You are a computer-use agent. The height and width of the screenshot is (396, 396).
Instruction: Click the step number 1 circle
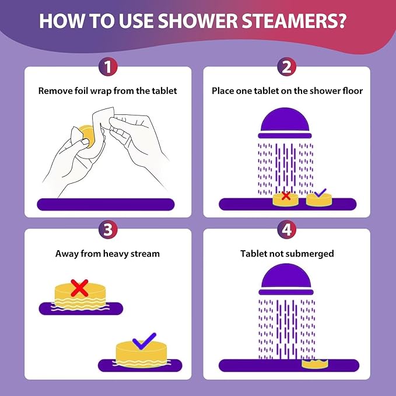click(107, 67)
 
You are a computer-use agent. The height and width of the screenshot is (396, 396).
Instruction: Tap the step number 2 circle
click(286, 67)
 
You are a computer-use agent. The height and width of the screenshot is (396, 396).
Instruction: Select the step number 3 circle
click(107, 229)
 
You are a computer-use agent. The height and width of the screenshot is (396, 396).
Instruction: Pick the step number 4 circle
click(286, 229)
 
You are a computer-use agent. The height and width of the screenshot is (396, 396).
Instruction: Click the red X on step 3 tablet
click(79, 286)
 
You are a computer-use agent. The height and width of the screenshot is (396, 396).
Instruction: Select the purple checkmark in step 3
click(143, 339)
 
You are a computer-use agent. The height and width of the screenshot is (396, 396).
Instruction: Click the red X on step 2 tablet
click(286, 196)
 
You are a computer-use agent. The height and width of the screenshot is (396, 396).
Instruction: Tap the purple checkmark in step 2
click(319, 193)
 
